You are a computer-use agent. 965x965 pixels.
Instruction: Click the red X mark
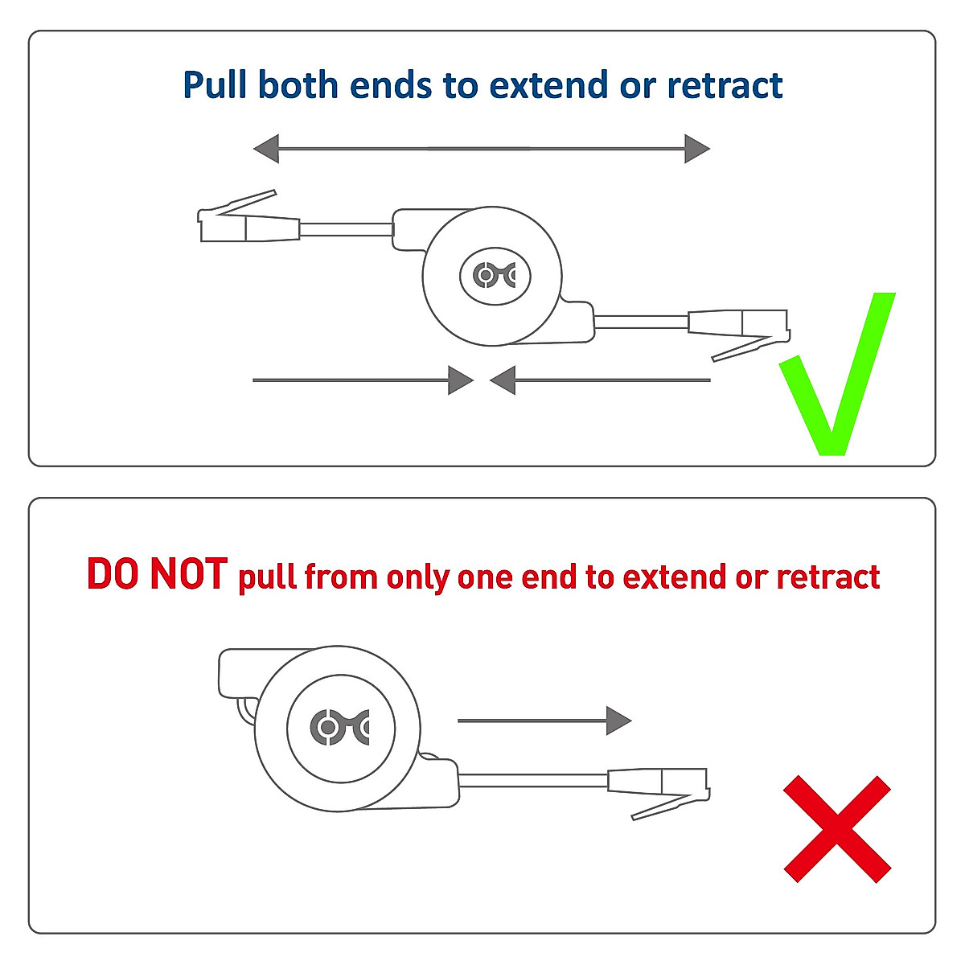[x=837, y=829]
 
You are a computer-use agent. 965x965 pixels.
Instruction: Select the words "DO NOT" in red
[x=157, y=574]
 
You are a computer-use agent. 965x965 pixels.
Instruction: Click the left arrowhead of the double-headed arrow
[x=267, y=149]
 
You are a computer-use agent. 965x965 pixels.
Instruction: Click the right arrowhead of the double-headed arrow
[x=696, y=149]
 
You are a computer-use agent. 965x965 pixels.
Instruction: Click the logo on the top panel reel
[x=495, y=276]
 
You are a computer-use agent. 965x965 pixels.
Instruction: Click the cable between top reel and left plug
[x=346, y=230]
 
